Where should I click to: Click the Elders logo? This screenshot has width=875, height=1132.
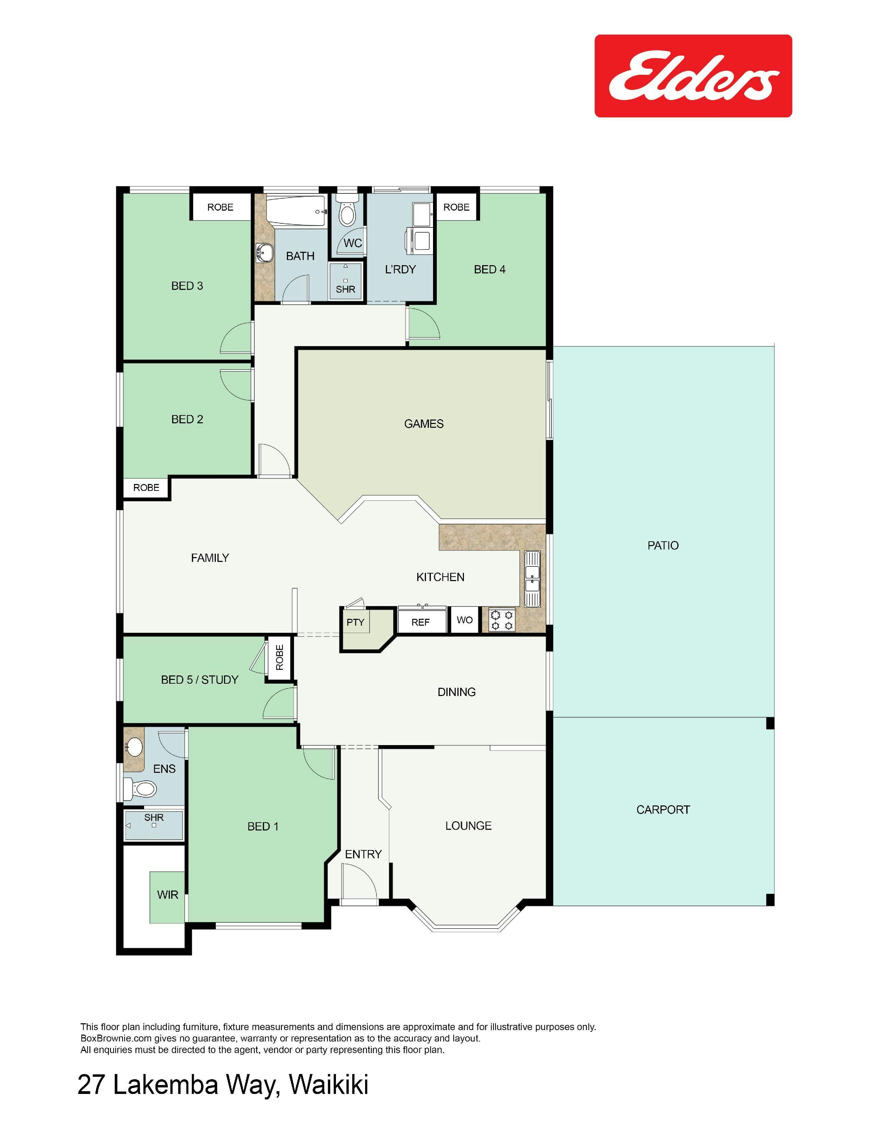[x=693, y=76]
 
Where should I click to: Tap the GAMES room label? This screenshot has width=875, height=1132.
[x=423, y=424]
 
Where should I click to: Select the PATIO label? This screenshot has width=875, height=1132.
[x=663, y=545]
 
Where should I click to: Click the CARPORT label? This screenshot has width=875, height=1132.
[x=663, y=810]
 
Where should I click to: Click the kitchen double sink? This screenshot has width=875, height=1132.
[x=532, y=579]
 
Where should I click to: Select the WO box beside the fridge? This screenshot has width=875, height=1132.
[x=465, y=620]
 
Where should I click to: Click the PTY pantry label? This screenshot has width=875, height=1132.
[x=355, y=622]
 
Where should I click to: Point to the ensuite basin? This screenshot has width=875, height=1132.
[x=134, y=747]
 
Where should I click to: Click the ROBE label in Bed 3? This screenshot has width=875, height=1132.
[x=220, y=207]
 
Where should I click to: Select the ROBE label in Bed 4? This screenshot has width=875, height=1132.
[x=456, y=207]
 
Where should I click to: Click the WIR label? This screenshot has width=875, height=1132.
[x=167, y=895]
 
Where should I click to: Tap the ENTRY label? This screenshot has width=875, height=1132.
[x=363, y=854]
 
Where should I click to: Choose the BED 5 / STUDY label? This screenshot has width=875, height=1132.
[x=200, y=680]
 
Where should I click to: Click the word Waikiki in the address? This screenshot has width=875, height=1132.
[x=329, y=1084]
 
